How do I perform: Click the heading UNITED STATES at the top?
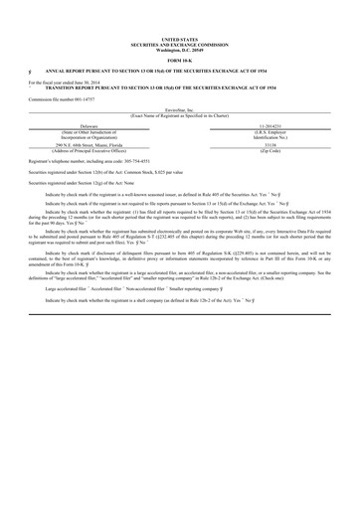pyautogui.click(x=180, y=41)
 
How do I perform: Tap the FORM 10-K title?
pyautogui.click(x=180, y=62)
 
